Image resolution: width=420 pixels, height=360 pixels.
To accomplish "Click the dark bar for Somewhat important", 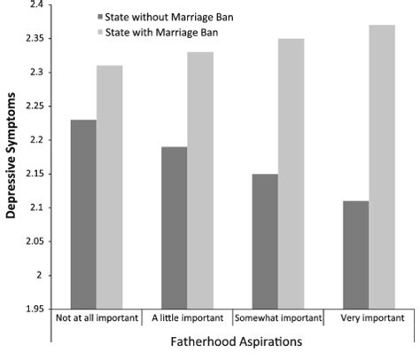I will tap(265, 241).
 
